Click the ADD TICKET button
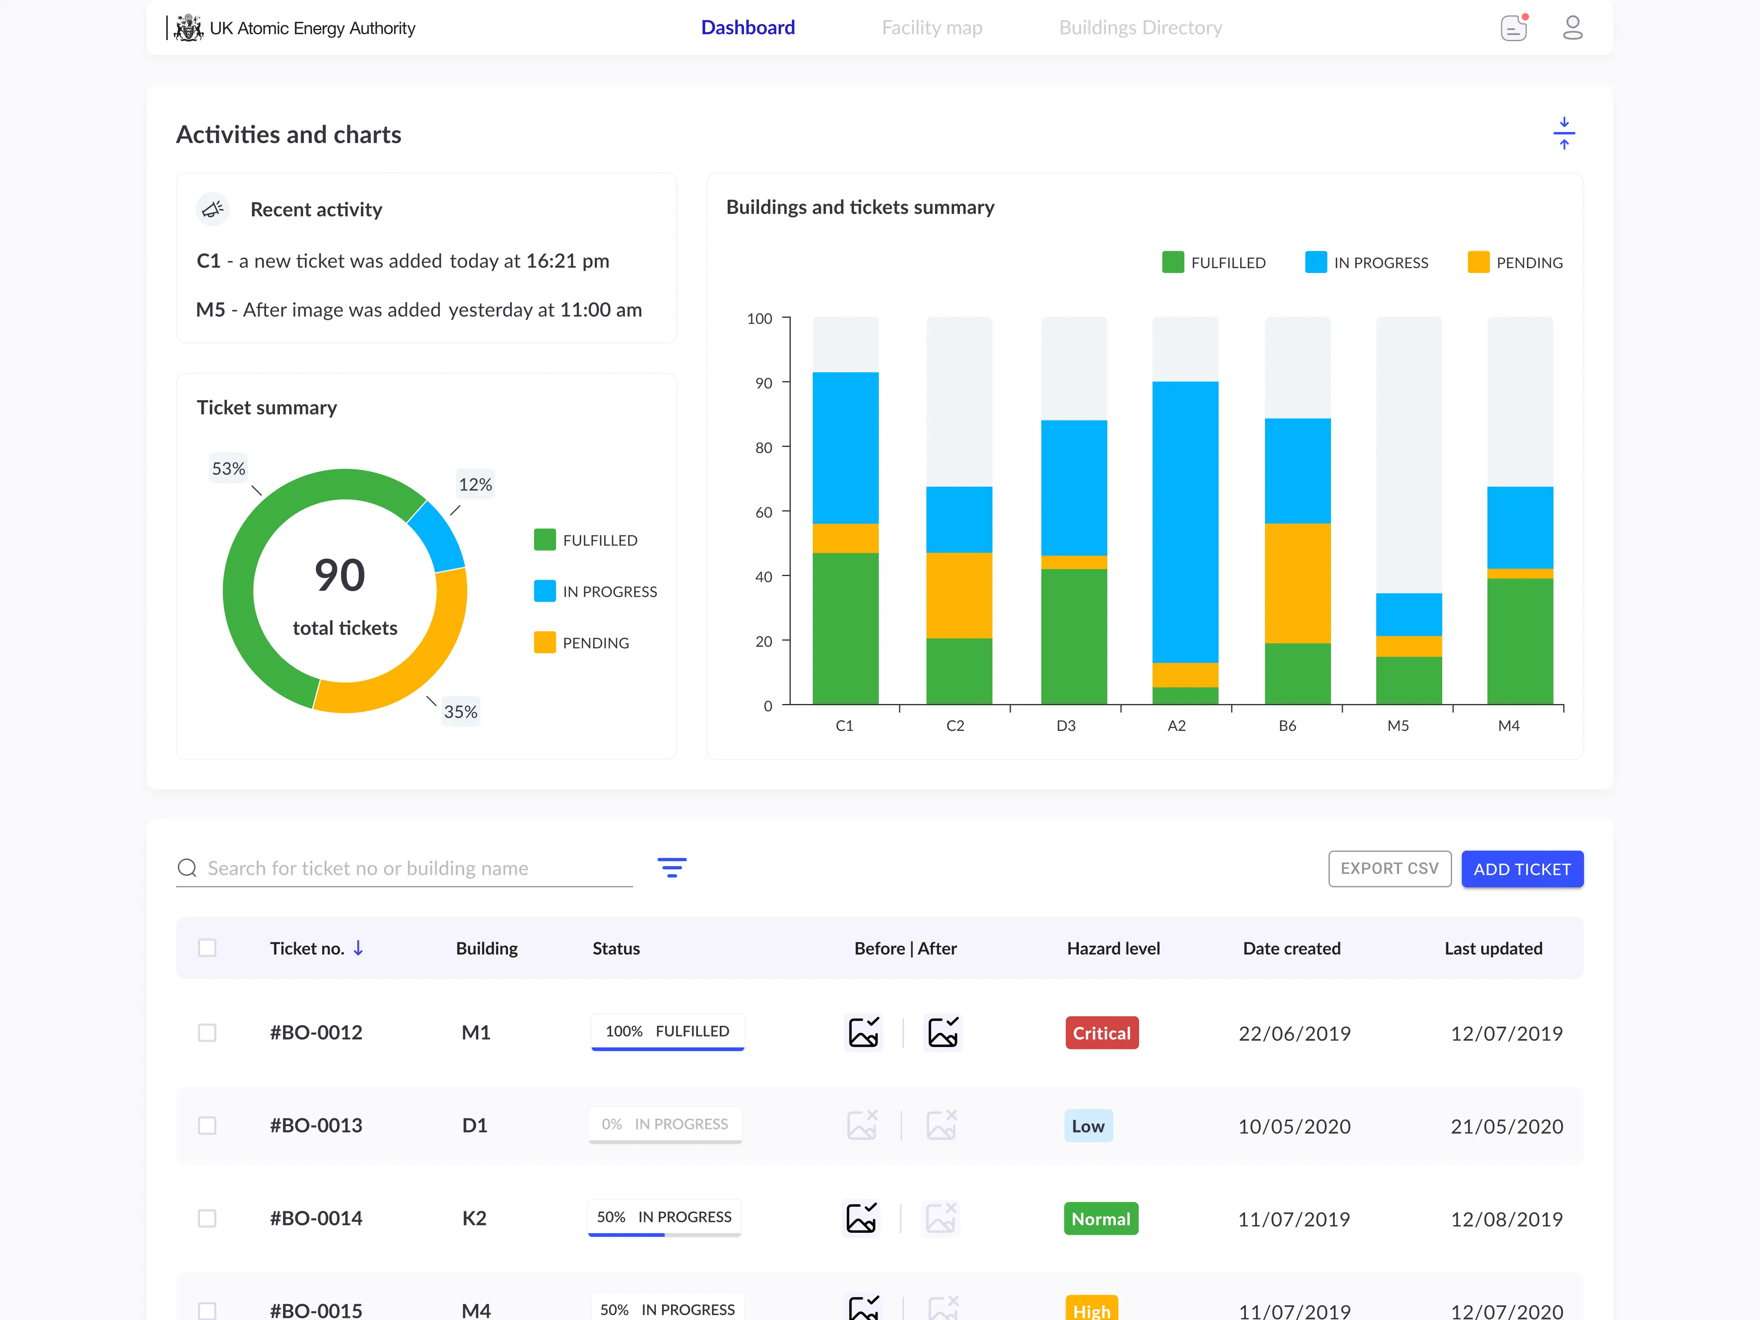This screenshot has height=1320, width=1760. pyautogui.click(x=1521, y=869)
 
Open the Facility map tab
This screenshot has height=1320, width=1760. pyautogui.click(x=932, y=28)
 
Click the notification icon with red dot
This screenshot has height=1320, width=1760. pyautogui.click(x=1514, y=28)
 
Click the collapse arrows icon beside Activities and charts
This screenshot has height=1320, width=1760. pyautogui.click(x=1564, y=134)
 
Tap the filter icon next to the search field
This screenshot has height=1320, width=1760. pyautogui.click(x=671, y=867)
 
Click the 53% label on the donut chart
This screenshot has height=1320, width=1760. pyautogui.click(x=229, y=469)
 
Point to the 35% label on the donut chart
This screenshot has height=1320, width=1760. pyautogui.click(x=461, y=711)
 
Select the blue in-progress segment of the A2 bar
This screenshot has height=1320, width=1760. pyautogui.click(x=1185, y=521)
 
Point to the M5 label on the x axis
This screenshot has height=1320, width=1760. pyautogui.click(x=1398, y=726)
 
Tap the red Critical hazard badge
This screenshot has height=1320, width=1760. pyautogui.click(x=1101, y=1033)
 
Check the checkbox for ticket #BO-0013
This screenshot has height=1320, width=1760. pyautogui.click(x=207, y=1125)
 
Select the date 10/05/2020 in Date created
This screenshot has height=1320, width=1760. pyautogui.click(x=1294, y=1126)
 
